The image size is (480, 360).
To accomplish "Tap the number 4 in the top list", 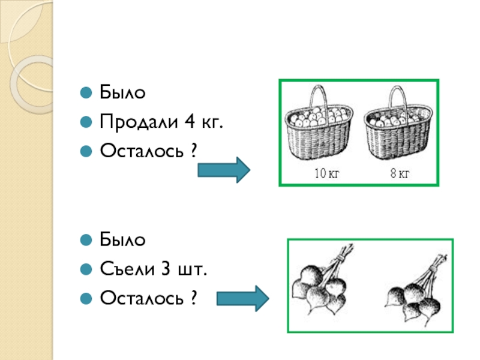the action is (x=191, y=123).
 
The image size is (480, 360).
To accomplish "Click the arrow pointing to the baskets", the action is (x=223, y=170).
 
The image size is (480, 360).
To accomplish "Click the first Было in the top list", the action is (x=122, y=94).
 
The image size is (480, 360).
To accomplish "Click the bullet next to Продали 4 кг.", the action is (x=87, y=123).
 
